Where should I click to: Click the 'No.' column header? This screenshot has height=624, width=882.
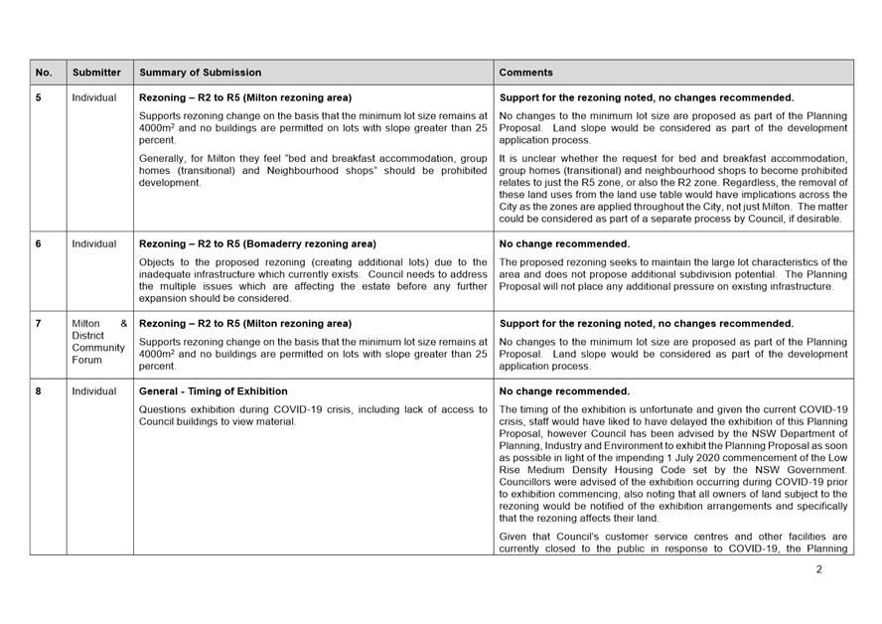pyautogui.click(x=44, y=73)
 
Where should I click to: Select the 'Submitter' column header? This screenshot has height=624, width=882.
pyautogui.click(x=96, y=73)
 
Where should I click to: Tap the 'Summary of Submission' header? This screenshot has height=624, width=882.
pyautogui.click(x=201, y=73)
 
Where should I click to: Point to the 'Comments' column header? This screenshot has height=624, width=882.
pyautogui.click(x=525, y=73)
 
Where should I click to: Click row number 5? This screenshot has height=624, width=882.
pyautogui.click(x=39, y=98)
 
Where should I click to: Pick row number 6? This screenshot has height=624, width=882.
pyautogui.click(x=39, y=244)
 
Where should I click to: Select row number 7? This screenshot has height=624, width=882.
pyautogui.click(x=39, y=324)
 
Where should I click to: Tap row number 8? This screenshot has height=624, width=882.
pyautogui.click(x=39, y=391)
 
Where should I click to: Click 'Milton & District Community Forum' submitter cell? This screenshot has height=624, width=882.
pyautogui.click(x=98, y=342)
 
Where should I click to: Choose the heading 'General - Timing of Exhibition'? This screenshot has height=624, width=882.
pyautogui.click(x=213, y=391)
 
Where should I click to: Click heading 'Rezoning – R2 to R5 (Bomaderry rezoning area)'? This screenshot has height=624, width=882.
pyautogui.click(x=258, y=244)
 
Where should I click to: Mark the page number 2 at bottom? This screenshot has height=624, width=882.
pyautogui.click(x=819, y=569)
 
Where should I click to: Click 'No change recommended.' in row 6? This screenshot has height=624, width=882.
pyautogui.click(x=564, y=244)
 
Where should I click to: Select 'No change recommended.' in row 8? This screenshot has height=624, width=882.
pyautogui.click(x=564, y=391)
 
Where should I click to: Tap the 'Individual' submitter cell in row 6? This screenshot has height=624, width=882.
pyautogui.click(x=93, y=244)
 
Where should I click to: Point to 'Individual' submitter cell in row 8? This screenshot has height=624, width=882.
pyautogui.click(x=93, y=391)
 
